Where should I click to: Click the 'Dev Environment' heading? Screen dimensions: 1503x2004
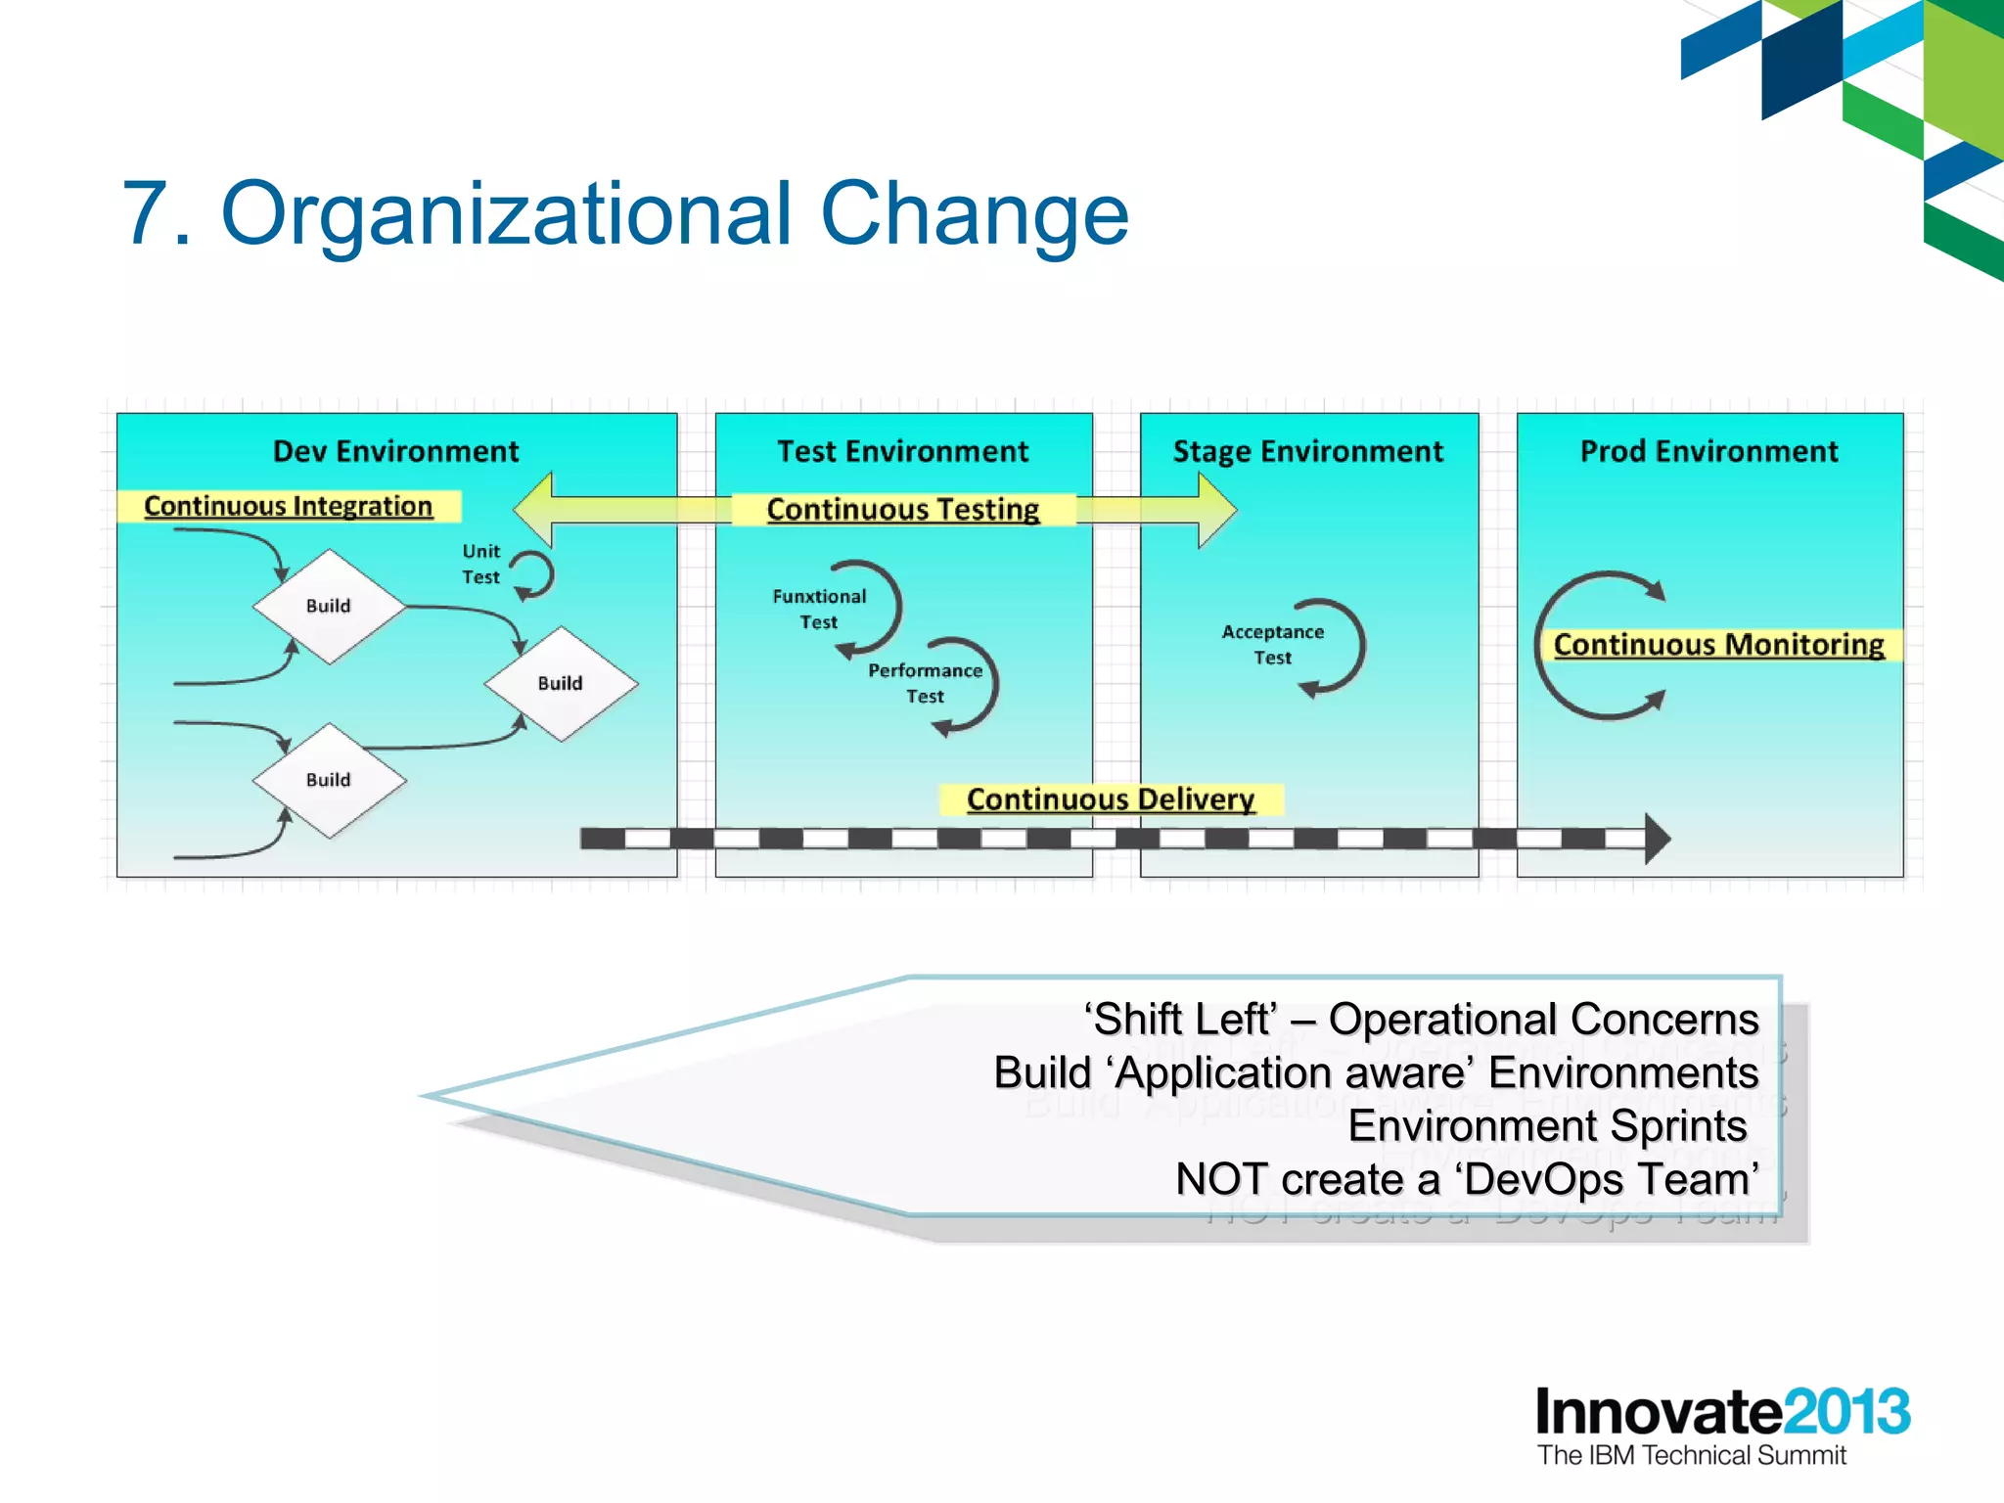click(x=395, y=451)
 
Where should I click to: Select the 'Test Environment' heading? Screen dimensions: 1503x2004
click(x=902, y=451)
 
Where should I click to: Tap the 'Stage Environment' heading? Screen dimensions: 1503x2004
click(x=1307, y=451)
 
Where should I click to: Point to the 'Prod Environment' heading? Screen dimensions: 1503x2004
click(x=1708, y=451)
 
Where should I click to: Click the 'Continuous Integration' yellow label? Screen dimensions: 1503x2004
click(x=288, y=506)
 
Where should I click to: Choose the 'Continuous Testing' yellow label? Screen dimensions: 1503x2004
click(x=902, y=509)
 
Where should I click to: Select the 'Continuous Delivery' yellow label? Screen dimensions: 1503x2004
click(x=1111, y=799)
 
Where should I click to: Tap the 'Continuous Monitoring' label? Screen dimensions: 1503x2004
click(x=1718, y=645)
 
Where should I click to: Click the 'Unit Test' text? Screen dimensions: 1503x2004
click(x=480, y=565)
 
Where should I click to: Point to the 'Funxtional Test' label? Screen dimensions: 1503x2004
click(x=819, y=609)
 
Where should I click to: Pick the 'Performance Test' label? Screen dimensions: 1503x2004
click(x=925, y=683)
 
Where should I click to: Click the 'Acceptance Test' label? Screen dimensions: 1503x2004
click(x=1272, y=645)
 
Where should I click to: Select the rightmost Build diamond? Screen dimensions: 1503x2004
click(x=561, y=683)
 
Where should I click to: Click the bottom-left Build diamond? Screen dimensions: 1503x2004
click(x=329, y=780)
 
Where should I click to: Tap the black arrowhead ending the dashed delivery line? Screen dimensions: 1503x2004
click(x=1657, y=839)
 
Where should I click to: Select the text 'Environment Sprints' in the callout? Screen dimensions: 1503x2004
click(x=1547, y=1125)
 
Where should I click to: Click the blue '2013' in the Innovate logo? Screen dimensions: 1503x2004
click(x=1845, y=1411)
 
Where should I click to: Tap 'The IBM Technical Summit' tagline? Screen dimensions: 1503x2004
click(x=1691, y=1455)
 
